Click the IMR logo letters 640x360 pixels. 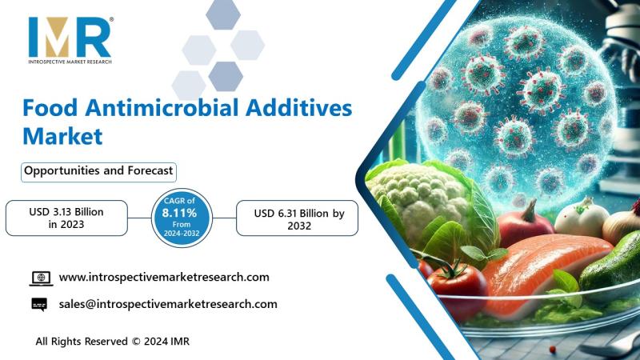[70, 37]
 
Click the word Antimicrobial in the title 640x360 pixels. [162, 108]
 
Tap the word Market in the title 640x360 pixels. [62, 136]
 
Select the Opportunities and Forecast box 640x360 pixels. [98, 172]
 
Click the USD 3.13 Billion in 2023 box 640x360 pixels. [66, 218]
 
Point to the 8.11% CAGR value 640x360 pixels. [179, 213]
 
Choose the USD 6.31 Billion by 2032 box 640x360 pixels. [297, 218]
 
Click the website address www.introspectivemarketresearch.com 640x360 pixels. [164, 277]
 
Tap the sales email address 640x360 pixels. [168, 304]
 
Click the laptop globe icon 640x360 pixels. [42, 278]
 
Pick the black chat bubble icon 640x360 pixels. [39, 305]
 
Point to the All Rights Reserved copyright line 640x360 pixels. [113, 342]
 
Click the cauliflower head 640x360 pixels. [421, 195]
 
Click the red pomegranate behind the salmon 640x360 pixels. [525, 226]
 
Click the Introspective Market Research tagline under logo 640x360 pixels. [70, 62]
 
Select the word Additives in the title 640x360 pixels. [298, 108]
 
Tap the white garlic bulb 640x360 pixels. [582, 219]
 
